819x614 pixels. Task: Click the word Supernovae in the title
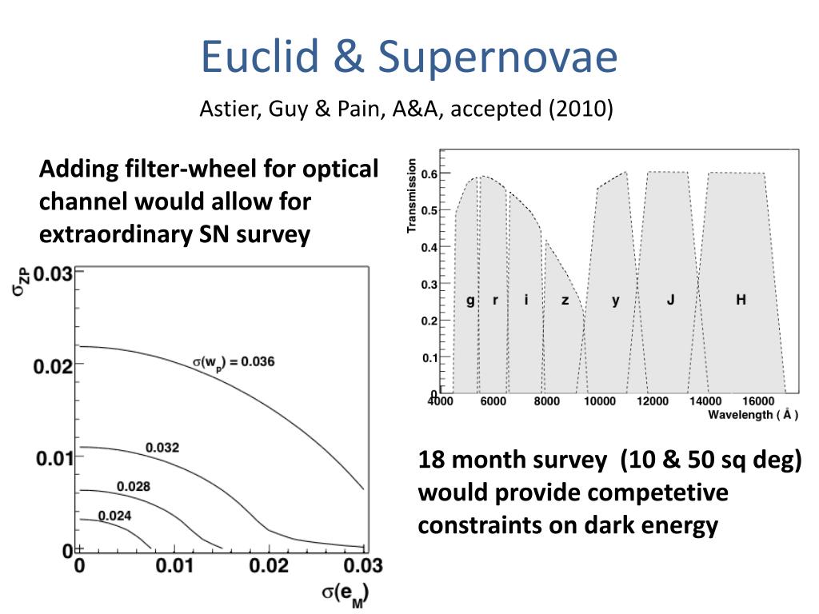[x=497, y=58]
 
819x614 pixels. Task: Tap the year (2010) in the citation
[x=581, y=109]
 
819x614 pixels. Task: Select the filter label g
[x=470, y=301]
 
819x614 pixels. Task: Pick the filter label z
[x=565, y=301]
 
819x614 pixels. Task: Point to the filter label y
[x=615, y=301]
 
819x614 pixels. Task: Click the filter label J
[x=671, y=299]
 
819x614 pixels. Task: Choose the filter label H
[x=741, y=299]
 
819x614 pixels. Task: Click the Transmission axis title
[x=412, y=196]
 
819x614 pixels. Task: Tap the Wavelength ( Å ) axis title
[x=753, y=415]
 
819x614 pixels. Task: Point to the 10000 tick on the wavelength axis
[x=600, y=401]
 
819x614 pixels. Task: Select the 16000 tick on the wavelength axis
[x=758, y=401]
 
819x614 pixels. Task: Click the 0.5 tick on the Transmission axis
[x=429, y=210]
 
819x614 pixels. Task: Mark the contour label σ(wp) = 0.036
[x=234, y=362]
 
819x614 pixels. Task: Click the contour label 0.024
[x=115, y=516]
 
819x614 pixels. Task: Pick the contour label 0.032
[x=162, y=448]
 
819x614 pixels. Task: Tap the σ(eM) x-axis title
[x=346, y=595]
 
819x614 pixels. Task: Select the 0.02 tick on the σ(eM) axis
[x=269, y=565]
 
